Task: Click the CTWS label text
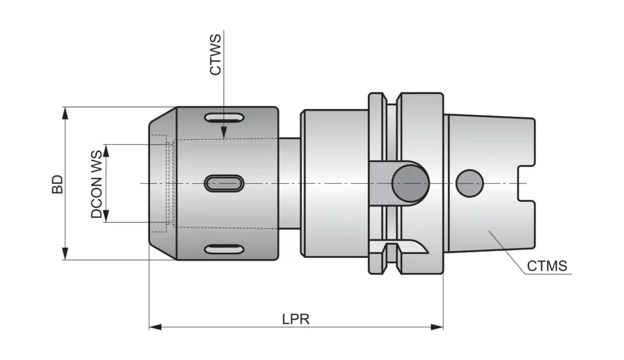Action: coord(215,55)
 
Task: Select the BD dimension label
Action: coord(58,184)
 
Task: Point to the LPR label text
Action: coord(296,319)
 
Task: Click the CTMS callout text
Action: coord(547,266)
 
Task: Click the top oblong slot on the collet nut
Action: coord(224,118)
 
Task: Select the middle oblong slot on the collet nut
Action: coord(224,183)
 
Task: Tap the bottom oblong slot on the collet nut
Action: coord(224,250)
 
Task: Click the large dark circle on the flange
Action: coord(409,184)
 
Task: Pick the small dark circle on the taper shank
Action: coord(470,183)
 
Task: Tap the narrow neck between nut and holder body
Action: coord(289,184)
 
